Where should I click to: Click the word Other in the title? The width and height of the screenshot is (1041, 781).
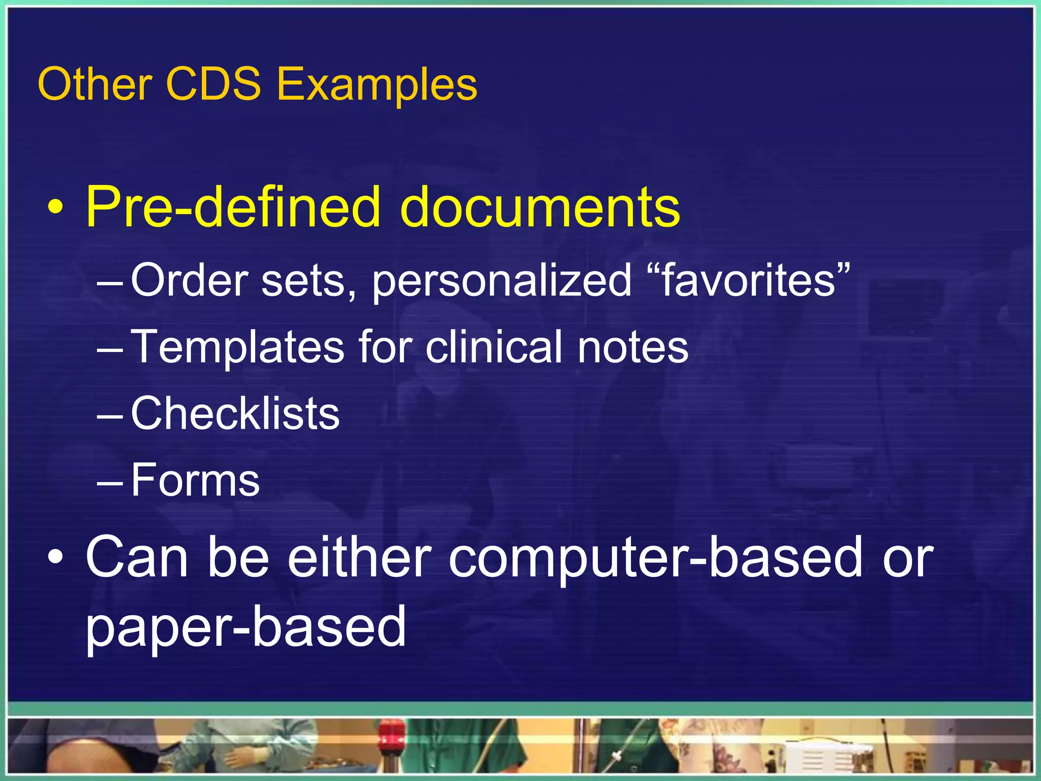[95, 84]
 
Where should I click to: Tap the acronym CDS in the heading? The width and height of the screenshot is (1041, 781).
[213, 84]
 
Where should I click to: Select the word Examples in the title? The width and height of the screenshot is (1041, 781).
[377, 85]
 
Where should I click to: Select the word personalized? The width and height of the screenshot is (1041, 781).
[502, 281]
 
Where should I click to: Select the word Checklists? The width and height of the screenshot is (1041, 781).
[235, 413]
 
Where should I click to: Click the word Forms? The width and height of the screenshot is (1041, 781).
[195, 480]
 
